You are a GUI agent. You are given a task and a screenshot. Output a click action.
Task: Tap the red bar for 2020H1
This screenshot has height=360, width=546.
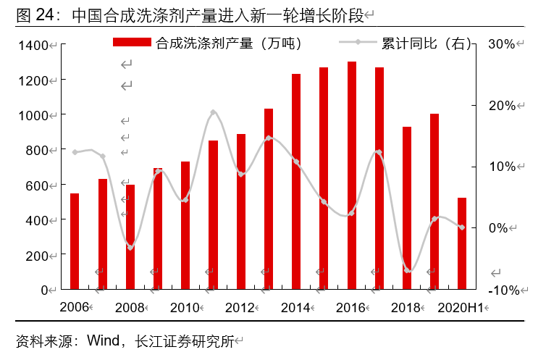coord(462,243)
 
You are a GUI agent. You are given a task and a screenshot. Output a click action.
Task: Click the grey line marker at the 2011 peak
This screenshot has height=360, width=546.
coord(213,112)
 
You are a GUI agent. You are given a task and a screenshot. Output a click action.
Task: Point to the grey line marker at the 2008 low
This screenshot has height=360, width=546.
coord(130,248)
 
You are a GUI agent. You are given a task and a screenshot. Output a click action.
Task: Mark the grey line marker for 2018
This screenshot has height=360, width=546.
coord(408,270)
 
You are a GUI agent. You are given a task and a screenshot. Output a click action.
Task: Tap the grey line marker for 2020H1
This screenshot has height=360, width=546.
coord(462,227)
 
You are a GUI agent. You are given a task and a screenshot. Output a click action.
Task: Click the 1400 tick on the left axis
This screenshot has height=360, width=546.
coord(33,46)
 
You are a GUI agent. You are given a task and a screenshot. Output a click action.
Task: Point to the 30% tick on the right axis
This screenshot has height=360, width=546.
coord(501,44)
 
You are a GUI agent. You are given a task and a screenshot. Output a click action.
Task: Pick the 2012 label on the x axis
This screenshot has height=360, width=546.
coord(240,308)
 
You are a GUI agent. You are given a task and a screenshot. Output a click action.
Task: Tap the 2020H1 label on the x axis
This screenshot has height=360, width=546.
coord(461,308)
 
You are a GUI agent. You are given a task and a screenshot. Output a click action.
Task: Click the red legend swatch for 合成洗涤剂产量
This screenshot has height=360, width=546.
coord(133,43)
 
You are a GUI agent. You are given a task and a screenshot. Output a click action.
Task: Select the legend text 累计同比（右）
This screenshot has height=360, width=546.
coord(427,43)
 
